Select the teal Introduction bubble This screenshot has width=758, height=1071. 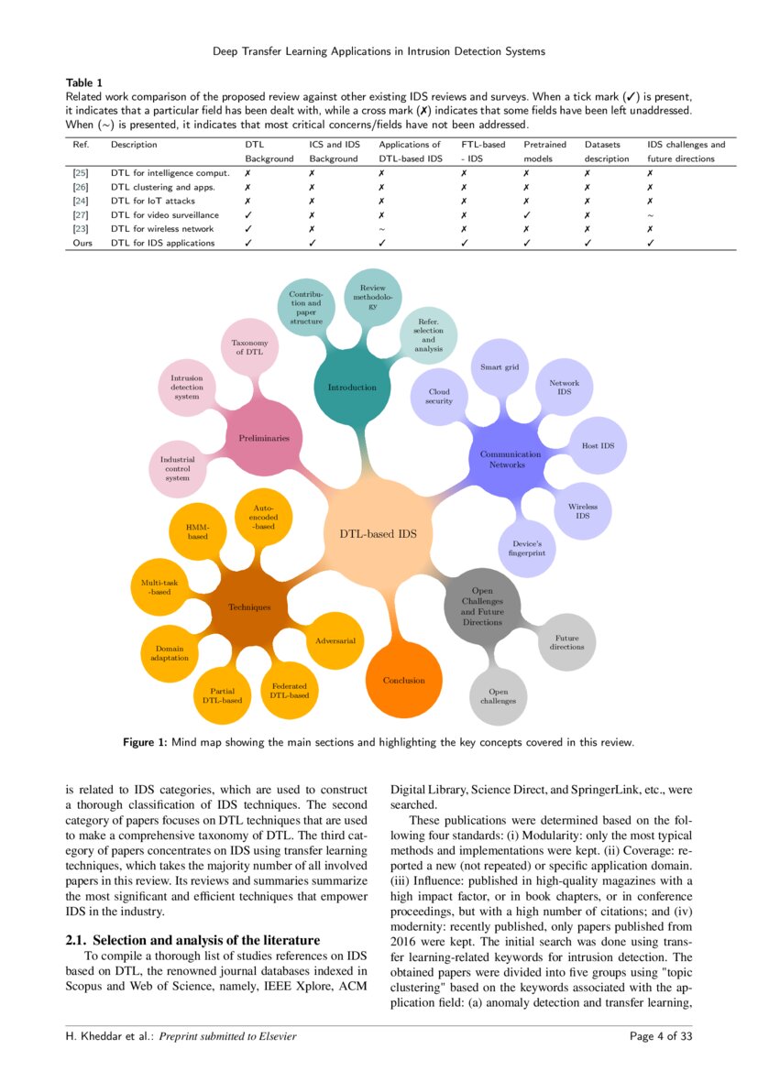pos(352,388)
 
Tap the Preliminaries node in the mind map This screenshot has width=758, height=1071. pos(264,438)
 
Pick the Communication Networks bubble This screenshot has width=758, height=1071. pos(511,459)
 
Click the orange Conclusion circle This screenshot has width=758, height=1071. pos(404,680)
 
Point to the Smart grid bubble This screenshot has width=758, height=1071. pos(500,367)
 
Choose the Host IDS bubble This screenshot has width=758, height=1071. pos(598,446)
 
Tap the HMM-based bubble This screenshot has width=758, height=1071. pos(198,530)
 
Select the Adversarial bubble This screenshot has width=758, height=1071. pos(335,640)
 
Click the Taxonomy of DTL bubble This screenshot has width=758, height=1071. pos(249,347)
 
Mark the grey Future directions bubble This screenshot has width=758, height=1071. pos(566,641)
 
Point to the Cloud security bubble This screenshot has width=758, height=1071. pos(439,396)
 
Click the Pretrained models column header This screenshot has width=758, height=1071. pos(544,151)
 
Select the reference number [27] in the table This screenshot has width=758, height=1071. pos(80,214)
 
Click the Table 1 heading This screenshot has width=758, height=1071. pos(85,82)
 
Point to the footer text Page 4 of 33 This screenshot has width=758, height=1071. pos(661,1036)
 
